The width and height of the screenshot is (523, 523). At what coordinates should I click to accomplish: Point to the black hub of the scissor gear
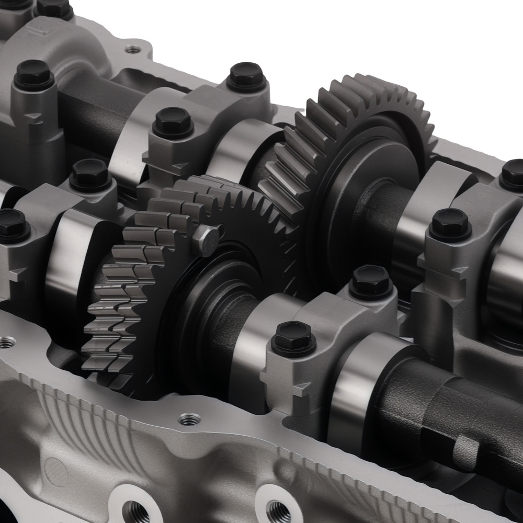[x=214, y=309]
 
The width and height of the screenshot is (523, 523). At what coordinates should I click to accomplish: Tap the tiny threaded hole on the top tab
[x=133, y=50]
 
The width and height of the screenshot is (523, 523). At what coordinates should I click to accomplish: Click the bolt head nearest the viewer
[x=294, y=337]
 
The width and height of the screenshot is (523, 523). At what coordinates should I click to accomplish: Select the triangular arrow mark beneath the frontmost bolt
[x=301, y=390]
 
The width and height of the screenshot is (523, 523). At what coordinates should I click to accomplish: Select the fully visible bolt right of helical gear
[x=450, y=224]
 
